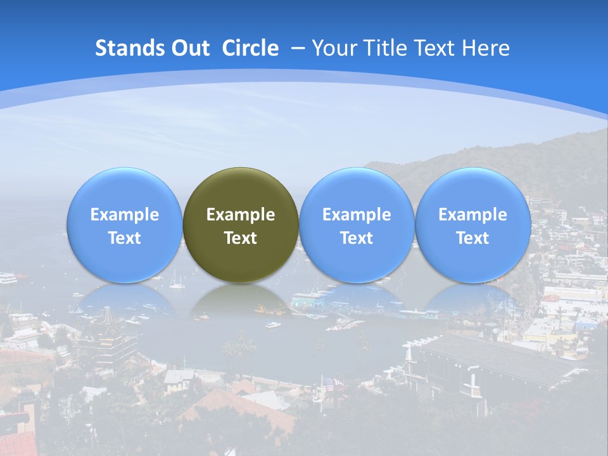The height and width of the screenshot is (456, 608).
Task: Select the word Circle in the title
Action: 250,48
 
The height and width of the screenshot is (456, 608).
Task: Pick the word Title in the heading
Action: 386,48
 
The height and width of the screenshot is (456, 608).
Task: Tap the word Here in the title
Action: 485,48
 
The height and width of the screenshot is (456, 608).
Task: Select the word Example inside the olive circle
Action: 241,215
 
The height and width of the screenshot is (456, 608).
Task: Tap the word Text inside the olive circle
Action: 241,238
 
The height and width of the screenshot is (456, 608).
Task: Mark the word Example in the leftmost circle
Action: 124,215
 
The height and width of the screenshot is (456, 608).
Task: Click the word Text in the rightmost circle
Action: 472,238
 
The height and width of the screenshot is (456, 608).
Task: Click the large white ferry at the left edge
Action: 8,277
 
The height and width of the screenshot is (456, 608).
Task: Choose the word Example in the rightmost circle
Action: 472,215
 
